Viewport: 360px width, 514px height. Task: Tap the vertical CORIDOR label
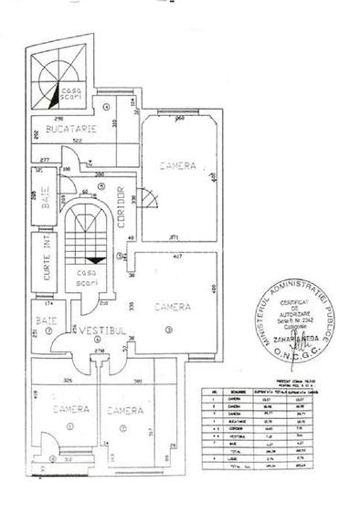(122, 200)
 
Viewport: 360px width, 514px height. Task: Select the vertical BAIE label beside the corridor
(47, 204)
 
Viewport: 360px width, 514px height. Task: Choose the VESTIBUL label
(100, 328)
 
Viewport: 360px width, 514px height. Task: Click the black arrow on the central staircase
(90, 259)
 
